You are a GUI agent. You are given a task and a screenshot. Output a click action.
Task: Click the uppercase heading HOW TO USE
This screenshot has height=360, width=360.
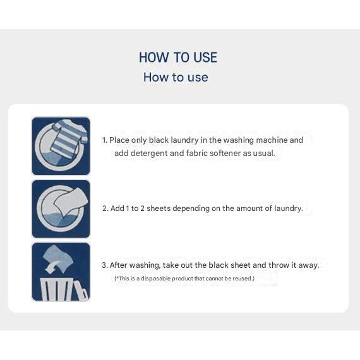(x=178, y=57)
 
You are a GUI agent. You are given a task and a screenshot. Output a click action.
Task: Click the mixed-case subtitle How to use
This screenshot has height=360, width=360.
(x=176, y=77)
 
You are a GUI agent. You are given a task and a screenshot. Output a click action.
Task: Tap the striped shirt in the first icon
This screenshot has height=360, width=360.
(x=69, y=138)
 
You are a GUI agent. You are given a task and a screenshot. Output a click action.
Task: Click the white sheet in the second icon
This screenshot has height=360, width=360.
(x=70, y=201)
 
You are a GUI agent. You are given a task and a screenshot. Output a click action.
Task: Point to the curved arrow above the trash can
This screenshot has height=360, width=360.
(x=52, y=267)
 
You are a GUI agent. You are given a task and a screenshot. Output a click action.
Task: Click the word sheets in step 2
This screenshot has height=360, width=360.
(x=159, y=208)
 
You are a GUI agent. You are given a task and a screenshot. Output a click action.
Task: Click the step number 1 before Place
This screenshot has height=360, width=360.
(x=104, y=140)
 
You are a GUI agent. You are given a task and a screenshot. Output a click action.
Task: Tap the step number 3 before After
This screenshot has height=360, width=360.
(x=105, y=265)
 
